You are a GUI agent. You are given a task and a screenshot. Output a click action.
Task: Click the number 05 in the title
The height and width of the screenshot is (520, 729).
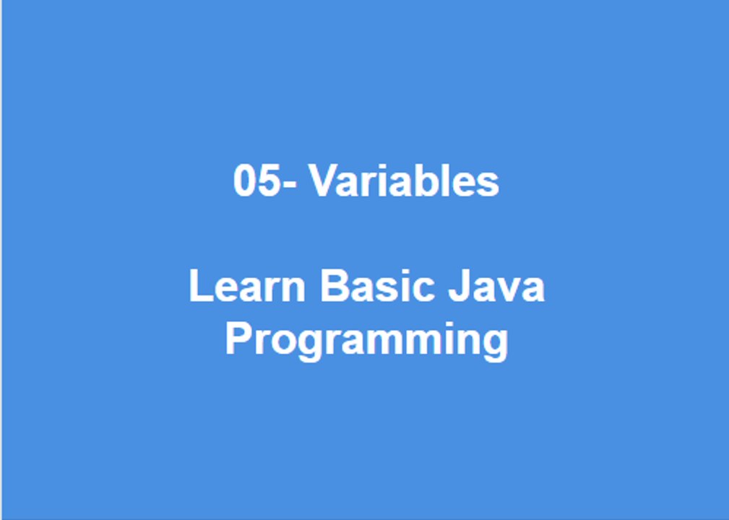(x=256, y=181)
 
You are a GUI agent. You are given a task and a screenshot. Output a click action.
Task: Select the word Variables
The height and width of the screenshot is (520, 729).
(x=405, y=181)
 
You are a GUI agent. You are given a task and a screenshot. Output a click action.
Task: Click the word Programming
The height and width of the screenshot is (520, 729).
(x=366, y=339)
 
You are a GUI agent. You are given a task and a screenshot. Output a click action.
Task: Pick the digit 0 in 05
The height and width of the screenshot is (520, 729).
(x=246, y=181)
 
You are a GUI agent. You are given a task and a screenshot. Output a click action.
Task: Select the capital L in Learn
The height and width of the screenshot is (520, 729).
(x=200, y=287)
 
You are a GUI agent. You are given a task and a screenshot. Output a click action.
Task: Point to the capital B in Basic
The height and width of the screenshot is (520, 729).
(x=333, y=287)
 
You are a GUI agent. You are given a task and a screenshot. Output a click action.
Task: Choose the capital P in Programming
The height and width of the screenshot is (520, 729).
(x=238, y=338)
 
